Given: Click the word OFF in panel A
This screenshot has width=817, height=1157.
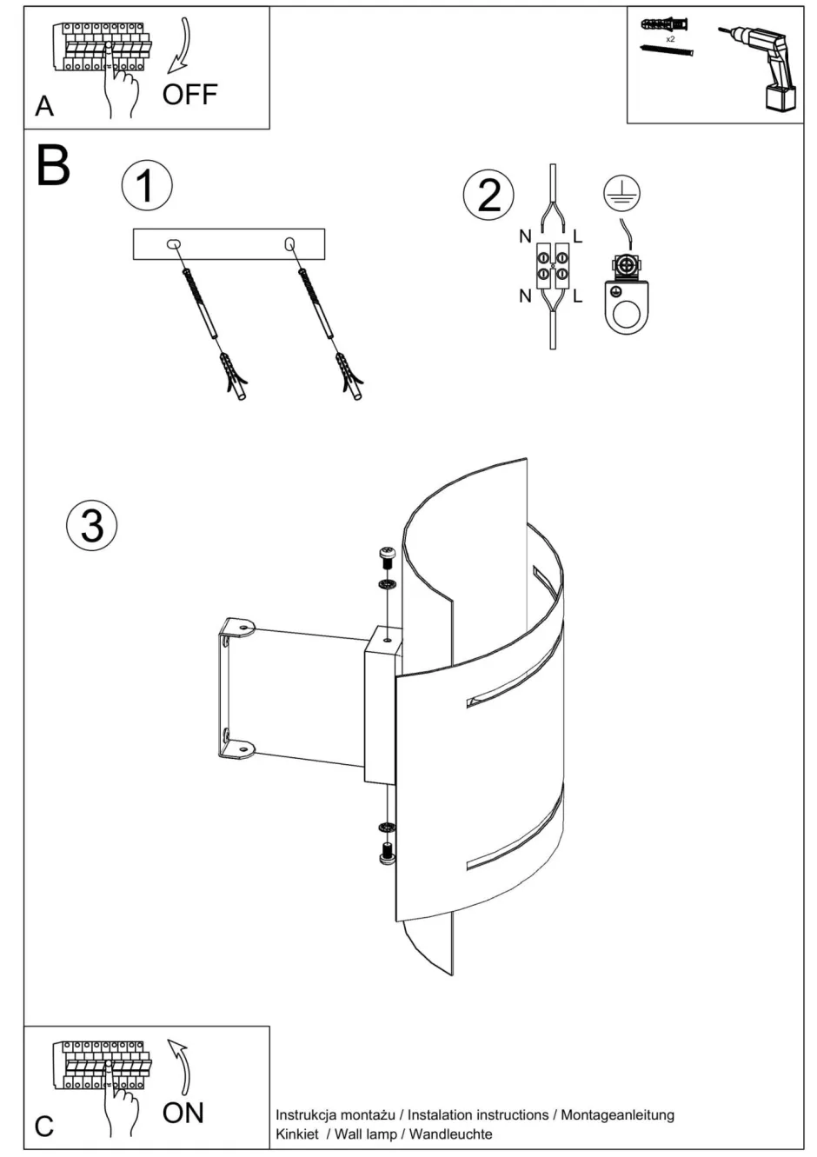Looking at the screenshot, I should click(x=189, y=94).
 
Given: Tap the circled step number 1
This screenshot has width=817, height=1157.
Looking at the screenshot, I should click(x=147, y=186).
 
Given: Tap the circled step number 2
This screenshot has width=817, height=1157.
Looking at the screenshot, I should click(x=488, y=194).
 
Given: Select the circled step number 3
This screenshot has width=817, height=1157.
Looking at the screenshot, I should click(x=91, y=526).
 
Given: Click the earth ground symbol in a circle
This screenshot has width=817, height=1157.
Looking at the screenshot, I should click(x=621, y=194).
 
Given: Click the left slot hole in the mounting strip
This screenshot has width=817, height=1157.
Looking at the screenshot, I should click(x=175, y=244).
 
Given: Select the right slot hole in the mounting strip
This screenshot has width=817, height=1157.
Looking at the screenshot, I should click(x=289, y=244).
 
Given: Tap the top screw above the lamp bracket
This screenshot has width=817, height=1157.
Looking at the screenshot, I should click(x=385, y=556).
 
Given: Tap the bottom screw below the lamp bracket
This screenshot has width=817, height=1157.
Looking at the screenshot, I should click(x=386, y=854).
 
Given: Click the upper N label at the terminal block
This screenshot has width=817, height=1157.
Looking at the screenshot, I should click(x=525, y=236).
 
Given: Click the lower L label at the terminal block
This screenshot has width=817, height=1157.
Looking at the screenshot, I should click(x=578, y=296).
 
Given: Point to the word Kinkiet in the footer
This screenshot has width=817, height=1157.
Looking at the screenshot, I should click(x=297, y=1134).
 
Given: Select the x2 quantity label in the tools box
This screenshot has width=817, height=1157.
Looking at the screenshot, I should click(x=670, y=39).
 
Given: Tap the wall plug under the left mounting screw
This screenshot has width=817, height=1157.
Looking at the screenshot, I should click(x=235, y=376).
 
